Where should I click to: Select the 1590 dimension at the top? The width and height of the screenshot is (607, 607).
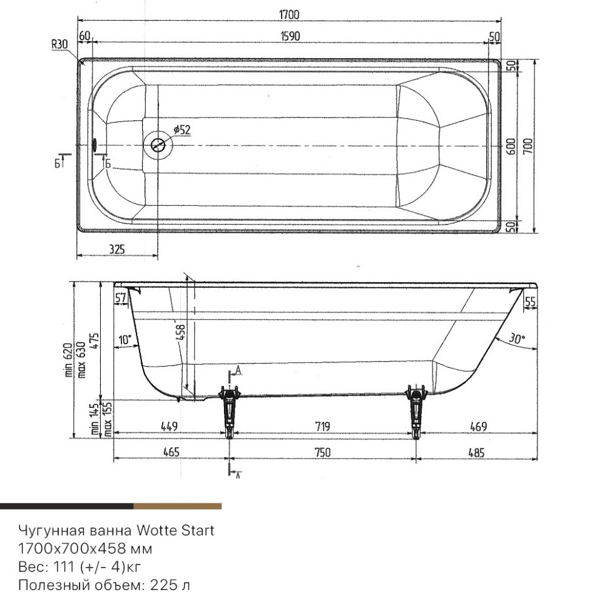pos(290,36)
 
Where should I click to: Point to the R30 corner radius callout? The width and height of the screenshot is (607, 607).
pos(59,44)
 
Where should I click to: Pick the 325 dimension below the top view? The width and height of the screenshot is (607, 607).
pos(116,248)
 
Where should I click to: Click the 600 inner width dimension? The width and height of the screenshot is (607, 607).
pos(511,146)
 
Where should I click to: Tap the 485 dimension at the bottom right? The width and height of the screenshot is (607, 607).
pos(476,452)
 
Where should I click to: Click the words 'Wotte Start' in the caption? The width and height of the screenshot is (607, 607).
pos(176,531)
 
